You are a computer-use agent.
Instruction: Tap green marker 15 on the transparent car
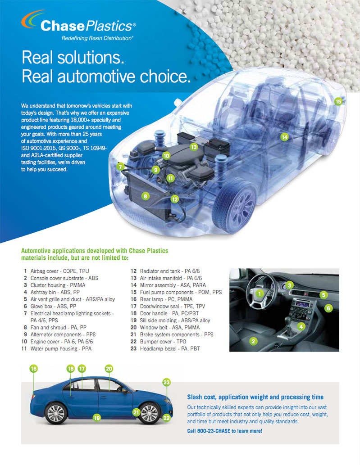[338, 101]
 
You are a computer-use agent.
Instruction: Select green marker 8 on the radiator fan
[145, 196]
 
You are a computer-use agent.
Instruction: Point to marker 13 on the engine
[194, 147]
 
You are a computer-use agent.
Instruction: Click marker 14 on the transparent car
[285, 137]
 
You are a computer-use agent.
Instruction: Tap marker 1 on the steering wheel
[260, 293]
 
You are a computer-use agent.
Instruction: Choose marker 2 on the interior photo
[253, 341]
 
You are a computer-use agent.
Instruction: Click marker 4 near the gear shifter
[301, 326]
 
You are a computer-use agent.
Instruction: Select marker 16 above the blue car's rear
[33, 369]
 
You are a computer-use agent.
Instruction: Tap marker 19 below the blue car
[97, 418]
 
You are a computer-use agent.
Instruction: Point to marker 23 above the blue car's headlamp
[167, 382]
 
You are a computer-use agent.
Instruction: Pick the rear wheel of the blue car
[56, 413]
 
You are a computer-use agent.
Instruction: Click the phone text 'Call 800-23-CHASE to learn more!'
[225, 431]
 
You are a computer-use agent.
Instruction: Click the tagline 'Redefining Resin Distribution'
[97, 38]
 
